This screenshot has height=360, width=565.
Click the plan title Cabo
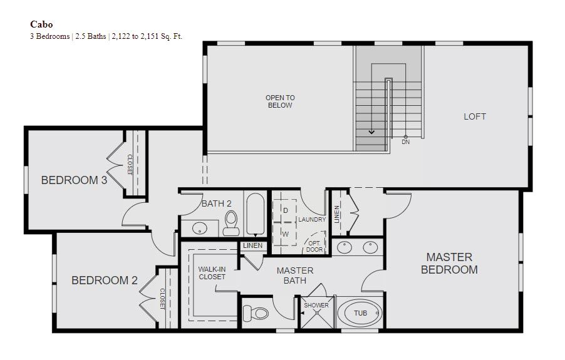coord(41,24)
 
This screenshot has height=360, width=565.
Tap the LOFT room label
coord(475,116)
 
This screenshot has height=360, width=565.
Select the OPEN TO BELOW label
coord(280,101)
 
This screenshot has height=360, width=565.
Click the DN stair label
coord(406,142)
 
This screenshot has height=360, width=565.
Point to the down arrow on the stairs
coord(371,132)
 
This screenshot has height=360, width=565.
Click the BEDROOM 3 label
coord(75,180)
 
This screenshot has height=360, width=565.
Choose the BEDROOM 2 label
coord(105,280)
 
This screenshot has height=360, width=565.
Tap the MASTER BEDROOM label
coord(449,263)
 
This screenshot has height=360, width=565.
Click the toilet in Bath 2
coord(231,223)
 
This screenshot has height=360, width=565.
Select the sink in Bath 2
coord(199,229)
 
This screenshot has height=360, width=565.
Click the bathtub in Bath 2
coord(256,214)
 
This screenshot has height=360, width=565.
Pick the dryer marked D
coord(284,210)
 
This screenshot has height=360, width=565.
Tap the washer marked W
coord(284,234)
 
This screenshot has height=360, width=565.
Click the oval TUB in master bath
coord(360,313)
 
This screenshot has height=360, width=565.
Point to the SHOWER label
coord(316,306)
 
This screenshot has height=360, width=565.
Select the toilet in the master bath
coord(256,313)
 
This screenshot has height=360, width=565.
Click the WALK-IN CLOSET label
coord(212,273)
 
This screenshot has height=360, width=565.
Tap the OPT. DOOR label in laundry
coord(314,246)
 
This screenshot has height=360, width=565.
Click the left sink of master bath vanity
coord(345,248)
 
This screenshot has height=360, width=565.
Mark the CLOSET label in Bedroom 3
coord(130,165)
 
